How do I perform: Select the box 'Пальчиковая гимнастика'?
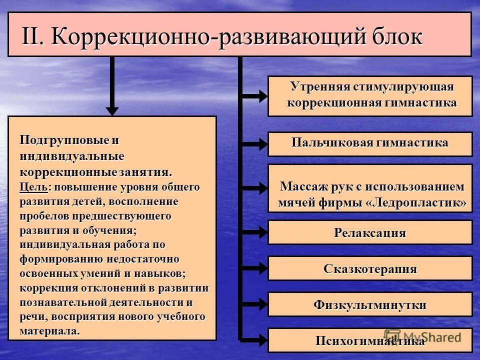(x=370, y=143)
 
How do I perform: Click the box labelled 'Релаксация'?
(x=370, y=232)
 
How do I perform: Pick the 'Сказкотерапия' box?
(x=370, y=268)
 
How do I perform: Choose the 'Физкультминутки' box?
(x=370, y=304)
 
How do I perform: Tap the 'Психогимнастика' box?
(x=370, y=340)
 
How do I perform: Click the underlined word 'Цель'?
(x=34, y=187)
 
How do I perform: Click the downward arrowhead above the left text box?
(x=112, y=109)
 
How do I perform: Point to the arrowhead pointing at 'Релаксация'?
(x=261, y=232)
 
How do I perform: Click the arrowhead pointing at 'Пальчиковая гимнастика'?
(x=261, y=144)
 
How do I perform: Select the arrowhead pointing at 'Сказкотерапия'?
(x=261, y=268)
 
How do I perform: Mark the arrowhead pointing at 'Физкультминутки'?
(x=261, y=304)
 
